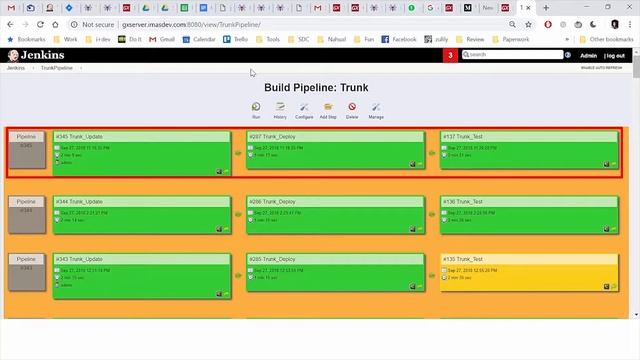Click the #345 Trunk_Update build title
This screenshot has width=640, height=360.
pyautogui.click(x=79, y=136)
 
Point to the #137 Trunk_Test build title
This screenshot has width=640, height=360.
pyautogui.click(x=463, y=136)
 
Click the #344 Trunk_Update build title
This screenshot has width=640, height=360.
pyautogui.click(x=79, y=201)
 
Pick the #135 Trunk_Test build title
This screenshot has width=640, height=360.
pyautogui.click(x=463, y=259)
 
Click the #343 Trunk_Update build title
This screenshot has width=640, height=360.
pyautogui.click(x=79, y=259)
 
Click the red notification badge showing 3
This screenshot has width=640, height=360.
pyautogui.click(x=451, y=55)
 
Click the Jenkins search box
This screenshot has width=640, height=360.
pyautogui.click(x=516, y=55)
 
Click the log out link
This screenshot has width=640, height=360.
pyautogui.click(x=615, y=55)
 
